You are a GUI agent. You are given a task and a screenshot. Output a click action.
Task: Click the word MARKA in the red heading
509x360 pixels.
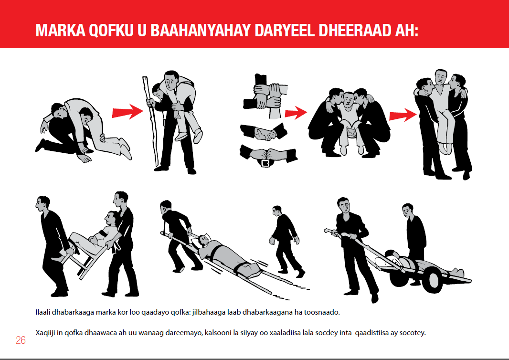click(x=60, y=31)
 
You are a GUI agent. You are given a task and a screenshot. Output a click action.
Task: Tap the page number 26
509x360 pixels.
click(x=21, y=340)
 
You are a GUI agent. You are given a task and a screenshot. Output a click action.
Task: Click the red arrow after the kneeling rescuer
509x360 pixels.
click(x=127, y=112)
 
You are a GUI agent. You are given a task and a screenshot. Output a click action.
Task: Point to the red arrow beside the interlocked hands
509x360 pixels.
click(x=296, y=113)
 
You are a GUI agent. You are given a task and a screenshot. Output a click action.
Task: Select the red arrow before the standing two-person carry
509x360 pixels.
click(x=403, y=114)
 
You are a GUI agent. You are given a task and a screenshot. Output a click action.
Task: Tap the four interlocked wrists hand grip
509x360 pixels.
click(x=266, y=96)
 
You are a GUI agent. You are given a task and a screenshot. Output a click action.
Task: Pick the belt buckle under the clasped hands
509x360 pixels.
click(x=265, y=163)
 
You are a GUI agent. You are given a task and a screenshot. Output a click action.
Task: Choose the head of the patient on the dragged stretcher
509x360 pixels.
click(x=203, y=240)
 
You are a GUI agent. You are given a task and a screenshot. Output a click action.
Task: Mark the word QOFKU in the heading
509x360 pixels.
click(x=111, y=31)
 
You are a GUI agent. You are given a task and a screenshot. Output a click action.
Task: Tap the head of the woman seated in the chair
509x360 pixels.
click(x=111, y=219)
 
